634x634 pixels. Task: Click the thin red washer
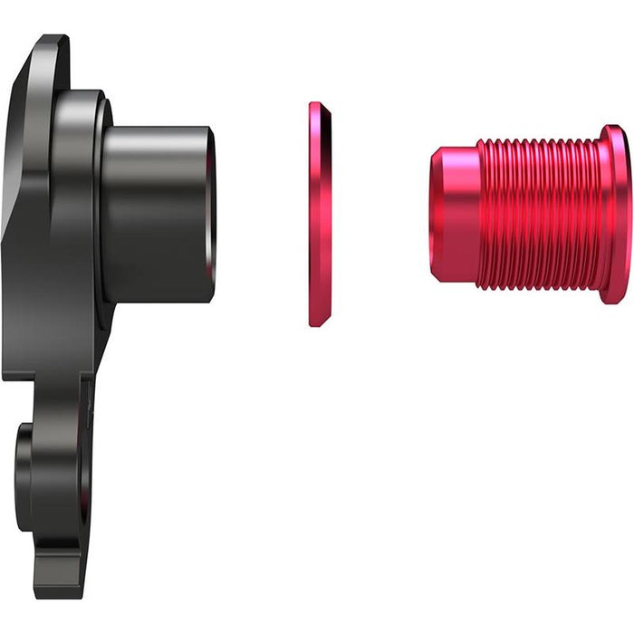[x=319, y=215]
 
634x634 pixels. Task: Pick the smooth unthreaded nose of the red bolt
[x=453, y=215]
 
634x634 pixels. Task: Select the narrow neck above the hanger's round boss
[x=45, y=399]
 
